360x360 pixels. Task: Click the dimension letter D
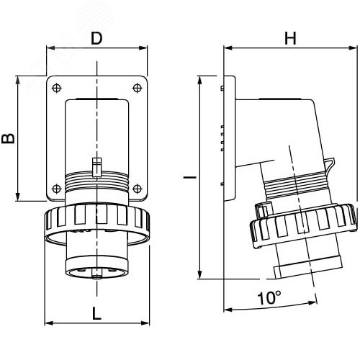click(x=96, y=38)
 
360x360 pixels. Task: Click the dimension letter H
click(x=290, y=38)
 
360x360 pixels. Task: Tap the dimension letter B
click(x=9, y=139)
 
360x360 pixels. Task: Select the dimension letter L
click(x=96, y=313)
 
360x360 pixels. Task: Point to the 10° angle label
click(x=269, y=298)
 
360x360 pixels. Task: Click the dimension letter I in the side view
click(x=190, y=177)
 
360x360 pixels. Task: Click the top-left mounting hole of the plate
click(x=57, y=88)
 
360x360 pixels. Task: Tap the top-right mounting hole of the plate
click(x=137, y=88)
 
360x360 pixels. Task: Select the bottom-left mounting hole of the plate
click(x=57, y=189)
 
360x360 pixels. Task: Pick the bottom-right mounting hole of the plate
click(x=137, y=189)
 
